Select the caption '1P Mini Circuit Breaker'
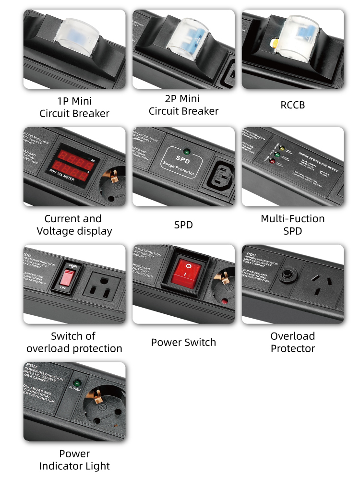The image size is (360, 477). [74, 107]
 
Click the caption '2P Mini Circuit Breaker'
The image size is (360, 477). [183, 105]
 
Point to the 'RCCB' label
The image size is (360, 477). [292, 105]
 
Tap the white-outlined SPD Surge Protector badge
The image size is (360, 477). [183, 161]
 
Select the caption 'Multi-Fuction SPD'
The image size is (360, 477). [292, 225]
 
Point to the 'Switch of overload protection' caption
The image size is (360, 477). [74, 342]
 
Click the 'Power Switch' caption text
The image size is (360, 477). [183, 343]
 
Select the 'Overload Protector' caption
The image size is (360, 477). [292, 342]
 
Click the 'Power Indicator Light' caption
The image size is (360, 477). [74, 460]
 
